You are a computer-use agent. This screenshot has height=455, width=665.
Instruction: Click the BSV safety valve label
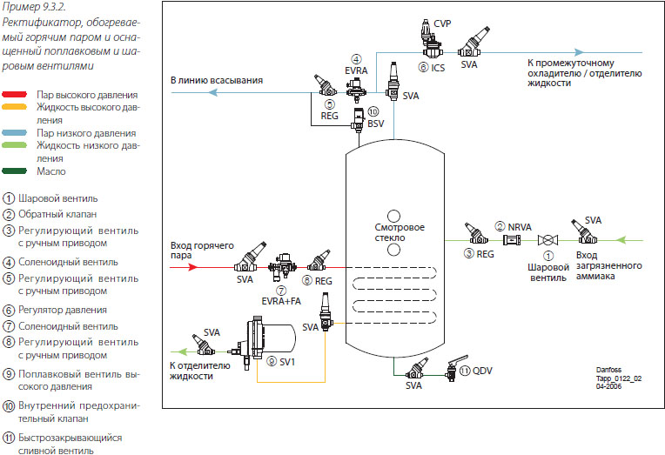(375, 124)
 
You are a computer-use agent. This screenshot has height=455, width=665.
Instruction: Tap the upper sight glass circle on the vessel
(393, 215)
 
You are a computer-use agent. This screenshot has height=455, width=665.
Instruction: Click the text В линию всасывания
(217, 80)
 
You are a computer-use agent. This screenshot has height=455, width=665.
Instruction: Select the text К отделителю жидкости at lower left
(199, 371)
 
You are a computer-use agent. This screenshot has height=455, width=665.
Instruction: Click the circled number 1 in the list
(10, 197)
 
